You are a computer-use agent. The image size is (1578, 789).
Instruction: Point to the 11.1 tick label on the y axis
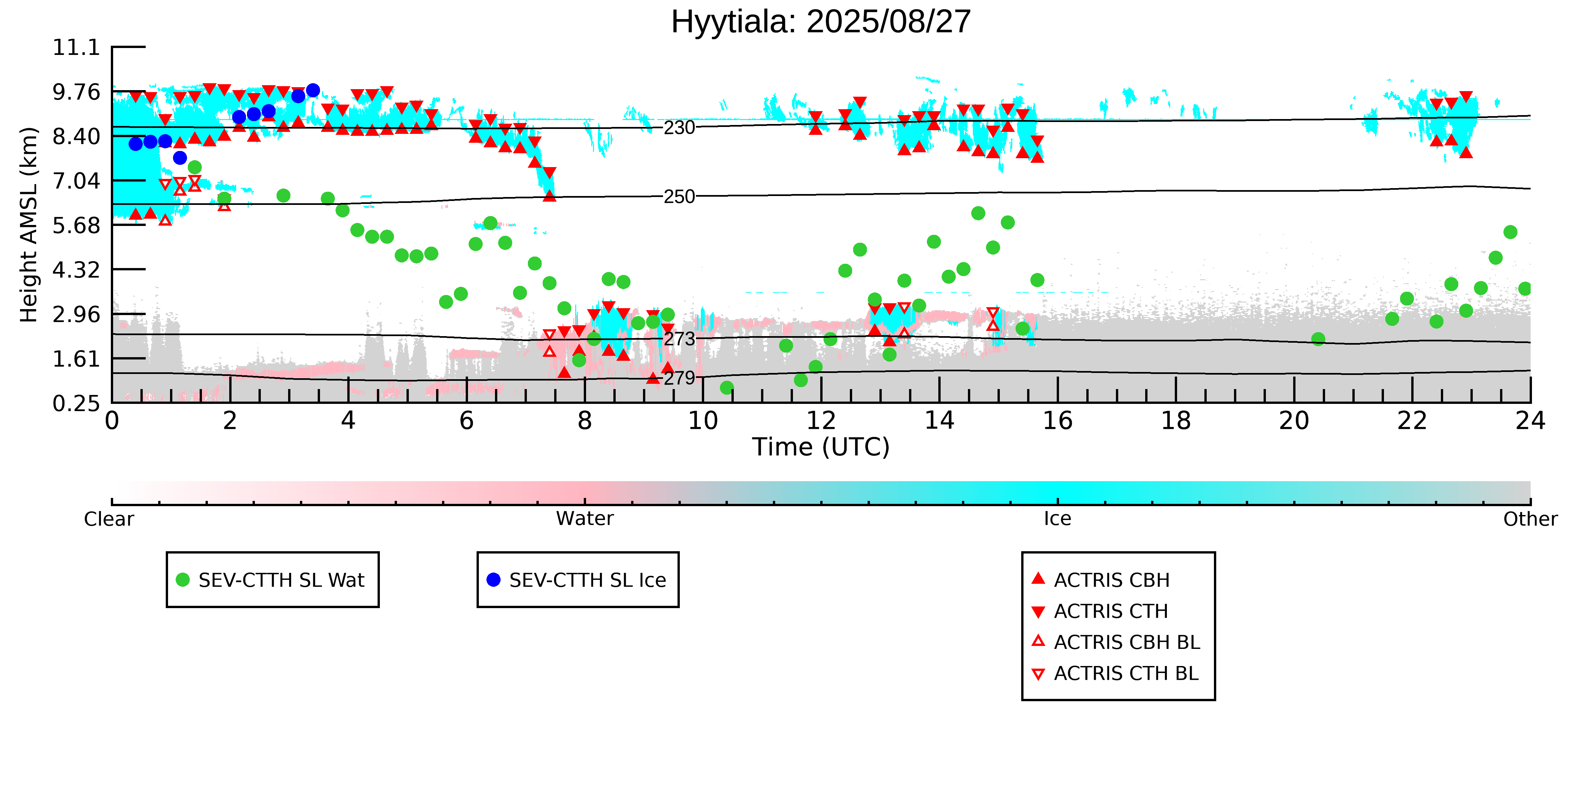point(76,47)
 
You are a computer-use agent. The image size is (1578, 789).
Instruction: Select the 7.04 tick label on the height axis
point(76,181)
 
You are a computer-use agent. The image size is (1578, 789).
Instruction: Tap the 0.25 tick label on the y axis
point(76,403)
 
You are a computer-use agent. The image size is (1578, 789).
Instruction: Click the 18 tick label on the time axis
point(1175,421)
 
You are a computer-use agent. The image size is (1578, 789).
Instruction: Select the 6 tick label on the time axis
point(466,421)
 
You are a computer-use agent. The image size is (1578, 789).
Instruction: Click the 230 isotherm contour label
point(679,128)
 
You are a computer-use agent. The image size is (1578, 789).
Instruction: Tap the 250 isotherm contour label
point(679,197)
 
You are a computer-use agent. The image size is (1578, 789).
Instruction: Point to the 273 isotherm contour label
point(679,339)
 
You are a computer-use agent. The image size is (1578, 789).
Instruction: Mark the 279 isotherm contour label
point(679,378)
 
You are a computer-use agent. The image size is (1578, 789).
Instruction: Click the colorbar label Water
point(584,519)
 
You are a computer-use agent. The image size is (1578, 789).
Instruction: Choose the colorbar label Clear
point(109,519)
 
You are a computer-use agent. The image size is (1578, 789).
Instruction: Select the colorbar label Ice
point(1057,519)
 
